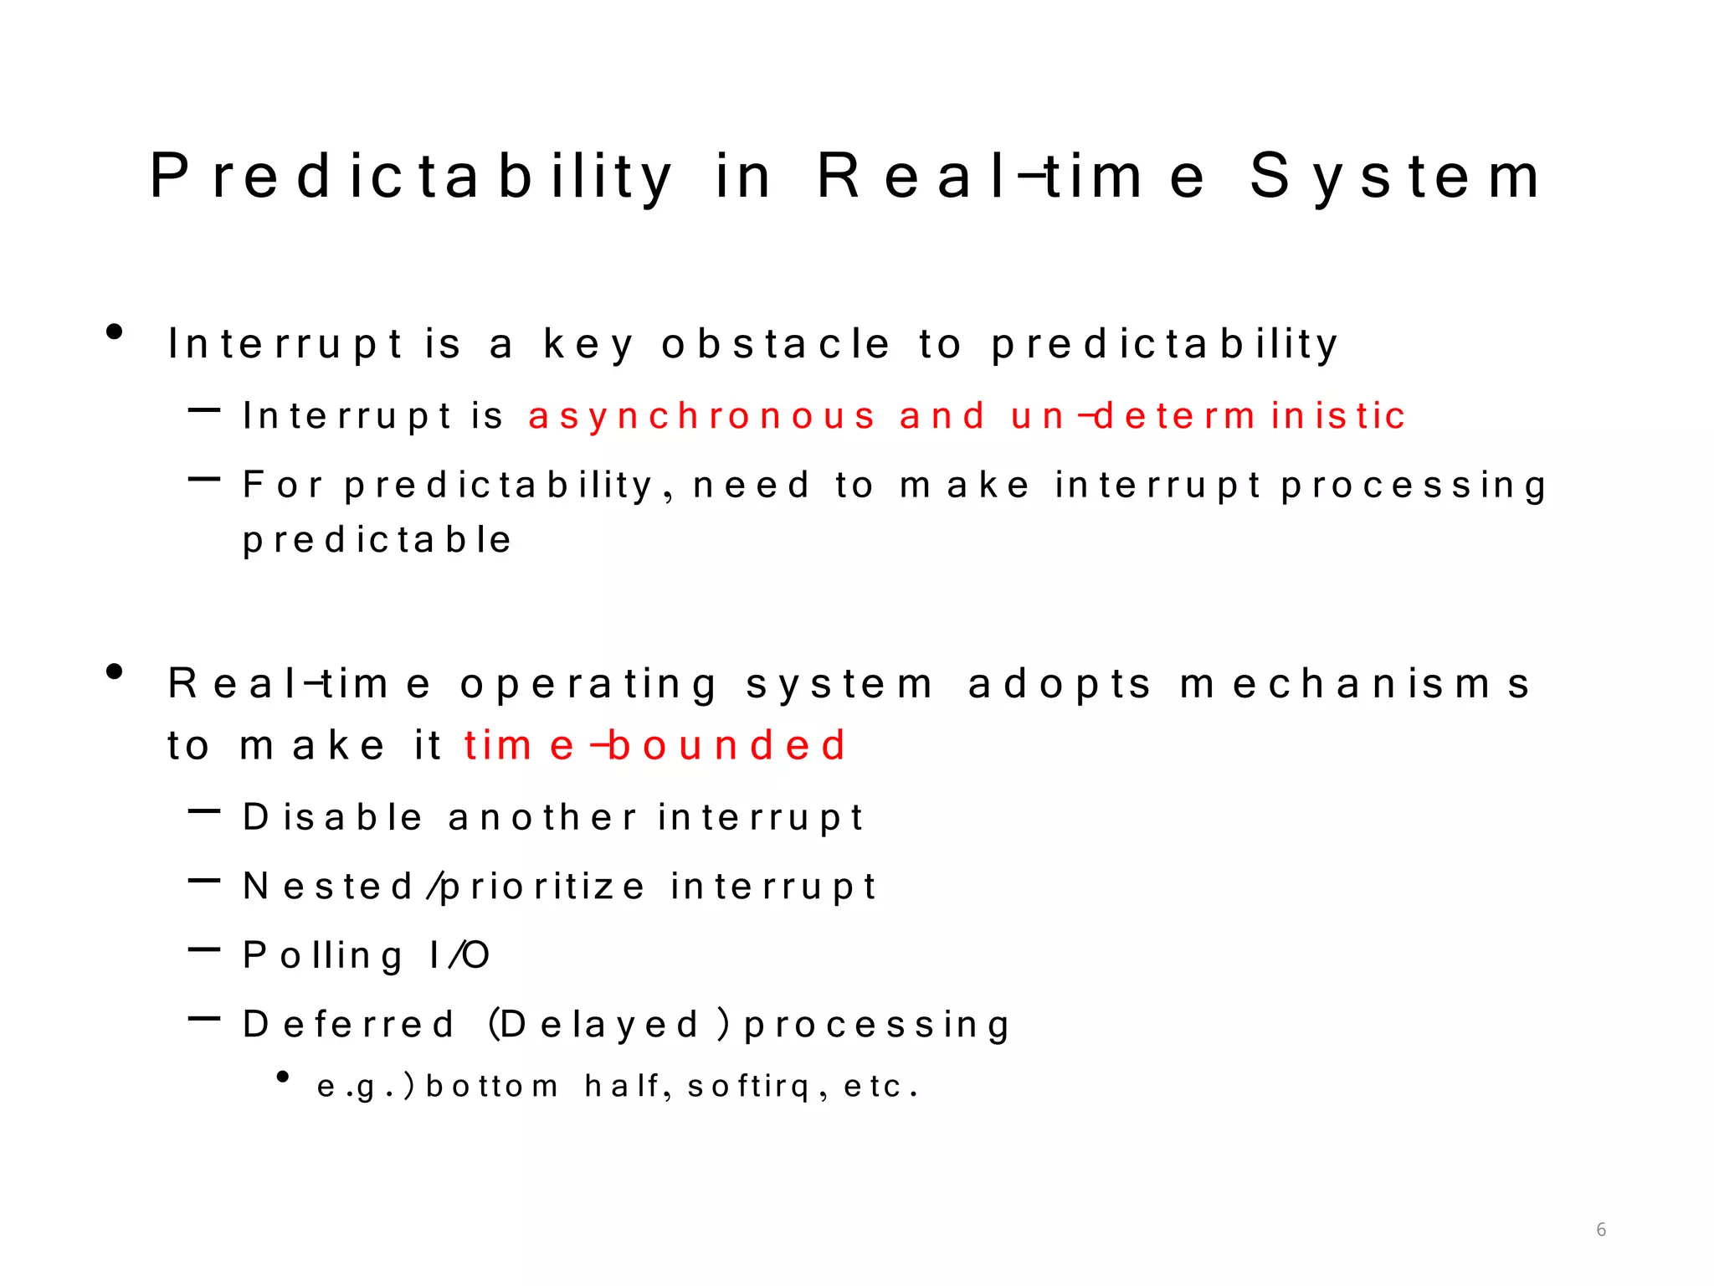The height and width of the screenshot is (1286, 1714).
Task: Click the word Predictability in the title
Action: tap(410, 177)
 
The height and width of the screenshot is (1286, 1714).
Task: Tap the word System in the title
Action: tap(1394, 177)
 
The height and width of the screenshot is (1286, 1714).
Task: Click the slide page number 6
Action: tap(1601, 1229)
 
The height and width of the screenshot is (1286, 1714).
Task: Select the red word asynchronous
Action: tap(701, 416)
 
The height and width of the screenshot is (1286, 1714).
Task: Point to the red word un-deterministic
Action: tap(1208, 416)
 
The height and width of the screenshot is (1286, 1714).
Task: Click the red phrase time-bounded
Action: tap(654, 745)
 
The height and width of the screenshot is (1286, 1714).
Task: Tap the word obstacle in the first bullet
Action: tap(775, 344)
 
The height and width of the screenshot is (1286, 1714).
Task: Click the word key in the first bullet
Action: tap(588, 344)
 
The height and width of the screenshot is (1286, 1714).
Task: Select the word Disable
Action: tap(332, 817)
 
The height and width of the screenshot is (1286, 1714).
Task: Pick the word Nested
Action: tap(327, 887)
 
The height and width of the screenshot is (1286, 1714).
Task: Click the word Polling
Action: tap(322, 955)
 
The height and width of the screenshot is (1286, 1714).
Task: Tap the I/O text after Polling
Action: tap(459, 955)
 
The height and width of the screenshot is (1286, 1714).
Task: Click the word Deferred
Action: tap(348, 1025)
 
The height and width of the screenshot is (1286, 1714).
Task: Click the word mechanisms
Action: tap(1355, 684)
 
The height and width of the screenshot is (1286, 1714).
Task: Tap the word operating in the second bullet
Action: tap(588, 684)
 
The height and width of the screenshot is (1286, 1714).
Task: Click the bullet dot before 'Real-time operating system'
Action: tap(115, 671)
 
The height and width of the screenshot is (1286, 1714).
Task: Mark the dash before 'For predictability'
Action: tap(204, 480)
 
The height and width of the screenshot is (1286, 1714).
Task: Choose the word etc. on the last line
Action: tap(880, 1087)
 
